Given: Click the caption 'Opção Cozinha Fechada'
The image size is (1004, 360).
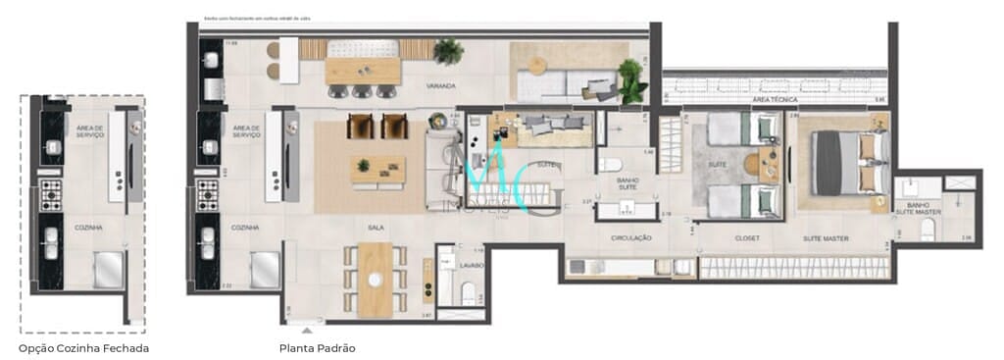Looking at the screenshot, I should tap(83, 348).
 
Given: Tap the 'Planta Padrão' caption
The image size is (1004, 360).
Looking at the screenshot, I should tap(317, 348).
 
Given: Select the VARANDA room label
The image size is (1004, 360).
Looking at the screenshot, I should tap(440, 86).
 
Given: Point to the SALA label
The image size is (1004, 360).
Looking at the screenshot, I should tap(375, 228).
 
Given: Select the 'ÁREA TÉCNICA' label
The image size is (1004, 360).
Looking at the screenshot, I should tap(772, 100).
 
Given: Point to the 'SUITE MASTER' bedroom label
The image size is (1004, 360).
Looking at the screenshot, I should tap(826, 238).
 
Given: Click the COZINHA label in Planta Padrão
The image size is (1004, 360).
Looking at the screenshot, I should tap(245, 228).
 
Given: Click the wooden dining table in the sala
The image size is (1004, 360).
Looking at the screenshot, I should tap(375, 279).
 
